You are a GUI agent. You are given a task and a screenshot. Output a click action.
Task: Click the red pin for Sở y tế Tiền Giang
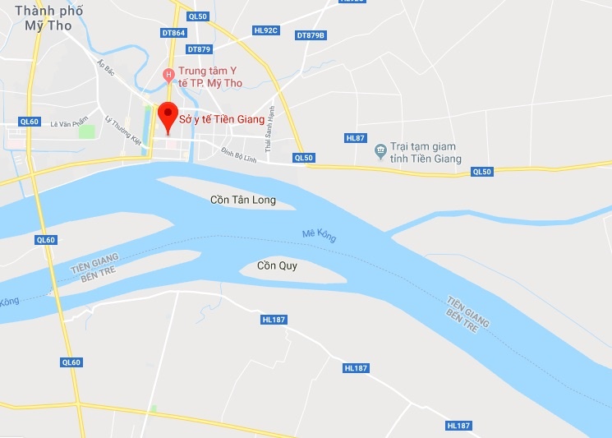[x=168, y=115]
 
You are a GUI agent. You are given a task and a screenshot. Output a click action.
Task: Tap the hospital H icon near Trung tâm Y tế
[x=168, y=76]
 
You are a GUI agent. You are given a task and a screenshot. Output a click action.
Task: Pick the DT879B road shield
[x=311, y=35]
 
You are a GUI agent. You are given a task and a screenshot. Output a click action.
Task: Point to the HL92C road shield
[x=266, y=30]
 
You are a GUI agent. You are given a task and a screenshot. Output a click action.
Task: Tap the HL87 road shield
[x=356, y=137]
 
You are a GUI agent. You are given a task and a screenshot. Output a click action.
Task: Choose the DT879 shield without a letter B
[x=199, y=49]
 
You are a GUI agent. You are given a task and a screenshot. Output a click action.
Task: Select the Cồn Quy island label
[x=277, y=265]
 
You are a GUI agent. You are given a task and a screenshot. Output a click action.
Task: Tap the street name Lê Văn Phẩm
[x=68, y=124]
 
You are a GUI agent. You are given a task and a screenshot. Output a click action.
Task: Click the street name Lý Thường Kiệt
[x=123, y=131]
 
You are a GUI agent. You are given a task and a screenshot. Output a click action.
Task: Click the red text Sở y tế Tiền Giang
[x=222, y=119]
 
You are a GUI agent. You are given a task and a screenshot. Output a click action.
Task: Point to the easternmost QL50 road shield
[x=481, y=172]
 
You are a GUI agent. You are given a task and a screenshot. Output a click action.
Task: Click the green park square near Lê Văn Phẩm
[x=83, y=131]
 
